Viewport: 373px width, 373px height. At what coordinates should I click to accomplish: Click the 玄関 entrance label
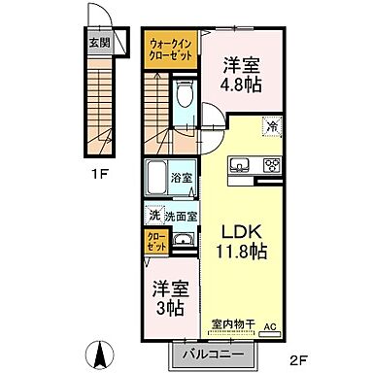coord(100,42)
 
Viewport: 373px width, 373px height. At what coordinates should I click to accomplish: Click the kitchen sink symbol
coord(240,162)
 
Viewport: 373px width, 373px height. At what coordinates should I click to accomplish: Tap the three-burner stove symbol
coord(272,163)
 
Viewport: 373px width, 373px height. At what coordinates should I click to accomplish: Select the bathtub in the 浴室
coord(156,180)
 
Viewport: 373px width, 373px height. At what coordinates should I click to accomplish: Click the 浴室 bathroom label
coord(182,178)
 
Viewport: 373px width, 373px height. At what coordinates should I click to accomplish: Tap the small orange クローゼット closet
coord(155,240)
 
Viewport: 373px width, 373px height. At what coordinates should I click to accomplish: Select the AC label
coord(272,326)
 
